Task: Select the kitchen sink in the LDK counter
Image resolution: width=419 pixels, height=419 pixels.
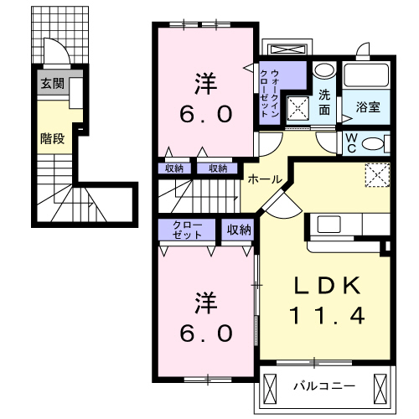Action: [x=327, y=225]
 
